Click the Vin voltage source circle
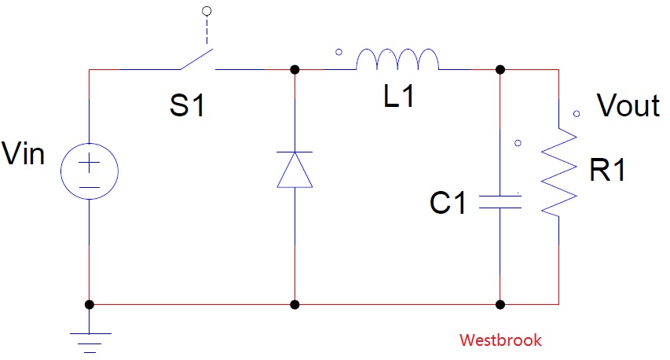coord(60,171)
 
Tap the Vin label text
coord(23,153)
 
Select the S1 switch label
coord(187,105)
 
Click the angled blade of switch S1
coord(196,60)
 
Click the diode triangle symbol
coord(295,170)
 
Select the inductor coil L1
coord(397,60)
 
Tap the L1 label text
coord(399,96)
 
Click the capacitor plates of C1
coord(500,202)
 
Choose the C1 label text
coord(448,203)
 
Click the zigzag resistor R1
coord(559,171)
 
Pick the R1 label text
coord(607,170)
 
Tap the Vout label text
coord(628,105)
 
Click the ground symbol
coord(90,343)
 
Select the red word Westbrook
coord(500,340)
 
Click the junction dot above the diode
coord(295,69)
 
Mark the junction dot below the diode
coord(295,304)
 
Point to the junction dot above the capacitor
coord(500,69)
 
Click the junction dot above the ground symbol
coord(89,304)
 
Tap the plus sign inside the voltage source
coord(90,163)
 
